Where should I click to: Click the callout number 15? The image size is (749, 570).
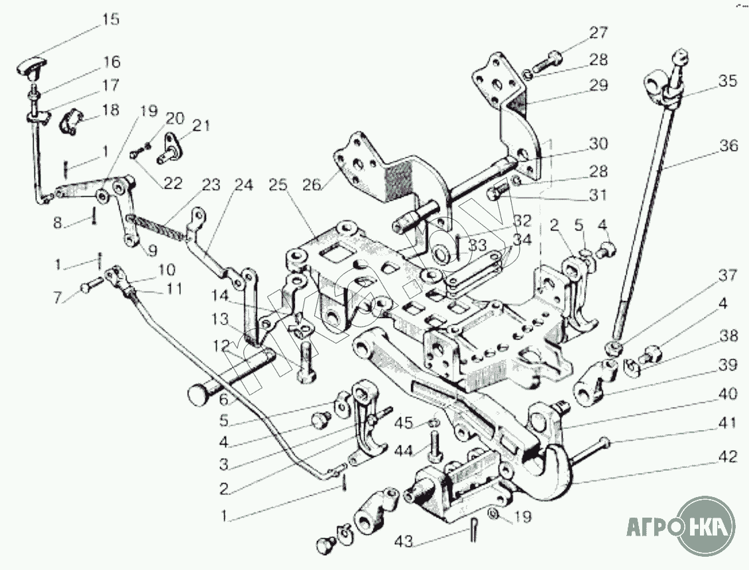[110, 19]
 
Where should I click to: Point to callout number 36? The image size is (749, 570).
[728, 146]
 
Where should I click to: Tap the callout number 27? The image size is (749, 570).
[599, 33]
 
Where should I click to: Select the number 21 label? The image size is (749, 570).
[201, 125]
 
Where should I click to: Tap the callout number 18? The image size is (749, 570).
[111, 110]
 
